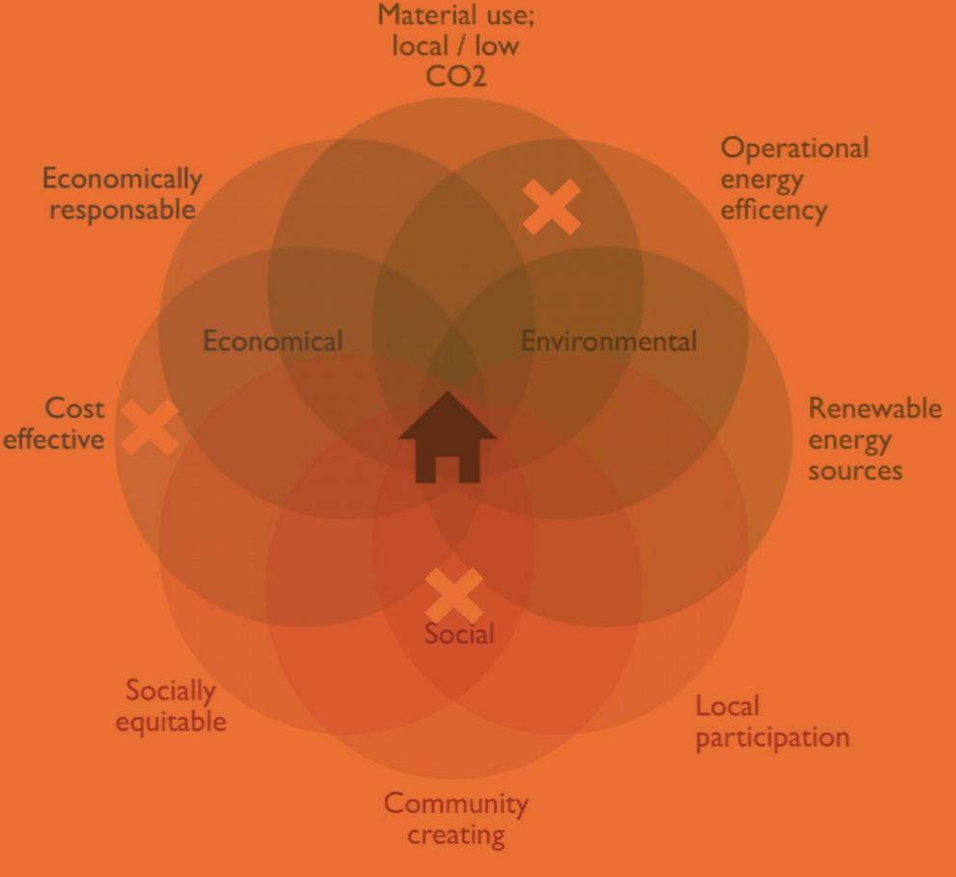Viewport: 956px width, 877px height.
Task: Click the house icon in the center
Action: [448, 438]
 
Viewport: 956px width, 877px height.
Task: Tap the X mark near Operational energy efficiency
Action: [552, 206]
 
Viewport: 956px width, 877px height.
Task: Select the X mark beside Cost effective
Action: [149, 426]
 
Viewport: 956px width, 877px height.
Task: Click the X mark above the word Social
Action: [454, 595]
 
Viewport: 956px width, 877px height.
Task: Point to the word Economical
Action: [272, 342]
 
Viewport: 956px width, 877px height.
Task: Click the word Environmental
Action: [608, 341]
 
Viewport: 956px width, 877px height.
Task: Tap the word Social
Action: [459, 634]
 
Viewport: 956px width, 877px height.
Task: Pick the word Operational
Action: [794, 150]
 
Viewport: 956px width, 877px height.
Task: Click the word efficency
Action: [774, 210]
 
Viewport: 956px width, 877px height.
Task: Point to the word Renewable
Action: [874, 408]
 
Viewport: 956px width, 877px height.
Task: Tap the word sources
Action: [855, 471]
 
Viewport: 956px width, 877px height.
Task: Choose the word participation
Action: [772, 739]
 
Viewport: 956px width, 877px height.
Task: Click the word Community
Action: [455, 804]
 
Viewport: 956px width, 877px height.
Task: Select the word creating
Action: [455, 835]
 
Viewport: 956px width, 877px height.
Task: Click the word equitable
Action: [171, 722]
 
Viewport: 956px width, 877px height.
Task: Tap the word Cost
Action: [74, 408]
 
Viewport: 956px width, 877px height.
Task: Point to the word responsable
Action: [122, 209]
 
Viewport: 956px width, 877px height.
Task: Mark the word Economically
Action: [122, 178]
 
